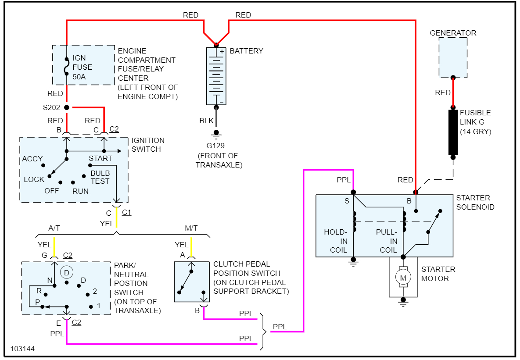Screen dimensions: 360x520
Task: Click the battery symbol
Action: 216,76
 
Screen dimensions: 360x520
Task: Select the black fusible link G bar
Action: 453,132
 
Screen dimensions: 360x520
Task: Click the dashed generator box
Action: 453,57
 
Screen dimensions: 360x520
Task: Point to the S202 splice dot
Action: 67,107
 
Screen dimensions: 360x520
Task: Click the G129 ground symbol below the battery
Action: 216,133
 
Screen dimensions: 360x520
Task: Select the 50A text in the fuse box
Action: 80,76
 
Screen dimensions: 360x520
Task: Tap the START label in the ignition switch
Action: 100,158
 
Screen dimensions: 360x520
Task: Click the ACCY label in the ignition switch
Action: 32,159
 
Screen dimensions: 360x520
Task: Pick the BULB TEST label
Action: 100,177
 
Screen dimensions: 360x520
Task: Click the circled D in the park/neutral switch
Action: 66,272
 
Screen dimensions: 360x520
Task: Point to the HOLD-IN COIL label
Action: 336,241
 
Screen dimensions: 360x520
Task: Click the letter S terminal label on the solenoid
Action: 347,201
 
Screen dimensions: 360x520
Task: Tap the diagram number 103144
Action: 22,349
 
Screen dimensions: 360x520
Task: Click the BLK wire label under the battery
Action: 207,121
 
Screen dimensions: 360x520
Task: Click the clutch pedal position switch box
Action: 191,282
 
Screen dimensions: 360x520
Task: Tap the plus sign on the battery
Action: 222,51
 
